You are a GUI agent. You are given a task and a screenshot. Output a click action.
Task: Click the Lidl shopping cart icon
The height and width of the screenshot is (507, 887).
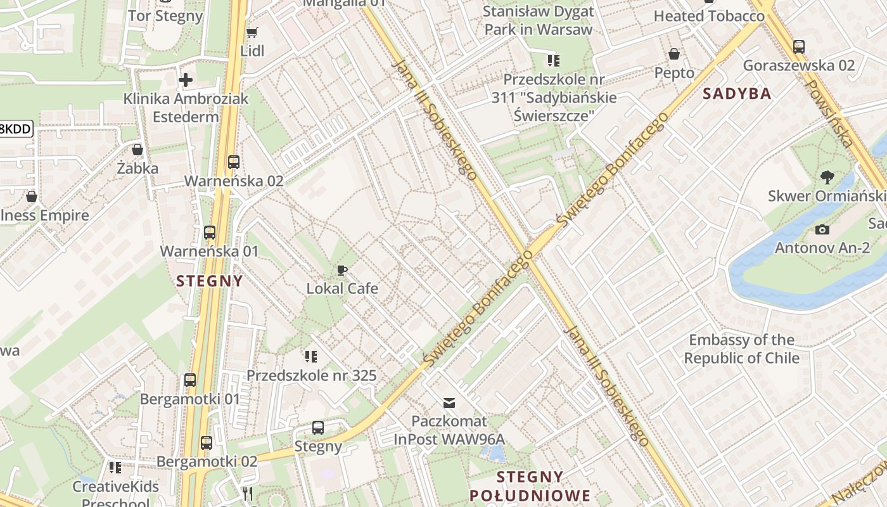[x=252, y=32]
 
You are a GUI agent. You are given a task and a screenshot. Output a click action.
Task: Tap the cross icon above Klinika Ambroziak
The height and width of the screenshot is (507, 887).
[x=186, y=80]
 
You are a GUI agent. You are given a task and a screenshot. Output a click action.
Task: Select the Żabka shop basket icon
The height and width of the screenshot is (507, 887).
[x=137, y=150]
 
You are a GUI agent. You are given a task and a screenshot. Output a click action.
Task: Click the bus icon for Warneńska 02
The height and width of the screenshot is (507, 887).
[x=234, y=162]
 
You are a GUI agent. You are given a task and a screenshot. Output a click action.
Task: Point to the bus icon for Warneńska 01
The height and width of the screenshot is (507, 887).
[x=210, y=233]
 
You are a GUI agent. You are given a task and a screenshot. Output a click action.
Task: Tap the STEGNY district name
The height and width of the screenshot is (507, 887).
[x=209, y=281]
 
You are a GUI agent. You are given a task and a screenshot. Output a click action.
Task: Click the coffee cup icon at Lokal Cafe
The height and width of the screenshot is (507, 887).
[x=342, y=271]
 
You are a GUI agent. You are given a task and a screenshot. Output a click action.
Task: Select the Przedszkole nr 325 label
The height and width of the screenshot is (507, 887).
[x=311, y=375]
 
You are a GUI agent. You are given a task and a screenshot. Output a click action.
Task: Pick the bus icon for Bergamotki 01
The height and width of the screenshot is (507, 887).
[x=190, y=380]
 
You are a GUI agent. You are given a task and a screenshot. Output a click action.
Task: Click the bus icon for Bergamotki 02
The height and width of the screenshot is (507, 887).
[x=207, y=443]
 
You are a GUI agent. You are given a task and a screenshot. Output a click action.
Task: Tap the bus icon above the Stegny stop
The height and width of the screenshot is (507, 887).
[x=318, y=428]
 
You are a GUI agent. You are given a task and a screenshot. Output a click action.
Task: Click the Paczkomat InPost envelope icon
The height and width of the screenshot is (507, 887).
[x=449, y=402]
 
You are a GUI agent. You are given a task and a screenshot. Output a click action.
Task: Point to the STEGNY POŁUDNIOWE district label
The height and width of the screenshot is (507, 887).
[x=530, y=485]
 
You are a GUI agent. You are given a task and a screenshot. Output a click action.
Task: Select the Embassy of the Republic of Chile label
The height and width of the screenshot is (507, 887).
[x=741, y=349]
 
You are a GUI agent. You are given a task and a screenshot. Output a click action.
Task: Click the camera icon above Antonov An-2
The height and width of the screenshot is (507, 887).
[x=822, y=229]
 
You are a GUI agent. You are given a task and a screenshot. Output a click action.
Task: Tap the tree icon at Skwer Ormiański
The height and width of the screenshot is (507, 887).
[x=826, y=177]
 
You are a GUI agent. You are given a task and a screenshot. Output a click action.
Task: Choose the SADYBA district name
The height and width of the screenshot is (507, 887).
[x=737, y=94]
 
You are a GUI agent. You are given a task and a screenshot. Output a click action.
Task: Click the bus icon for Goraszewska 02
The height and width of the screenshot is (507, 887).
[x=798, y=46]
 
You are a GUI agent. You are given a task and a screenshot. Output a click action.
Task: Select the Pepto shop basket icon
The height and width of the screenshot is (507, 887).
[x=674, y=55]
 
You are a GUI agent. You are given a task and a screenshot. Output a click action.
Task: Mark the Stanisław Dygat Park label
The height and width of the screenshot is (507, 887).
[x=538, y=20]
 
